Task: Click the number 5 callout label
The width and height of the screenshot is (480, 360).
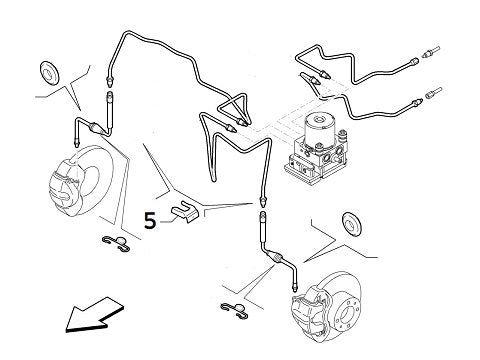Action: [150, 220]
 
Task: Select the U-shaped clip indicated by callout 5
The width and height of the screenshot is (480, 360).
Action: [184, 213]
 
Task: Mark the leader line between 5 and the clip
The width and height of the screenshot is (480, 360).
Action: [166, 220]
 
